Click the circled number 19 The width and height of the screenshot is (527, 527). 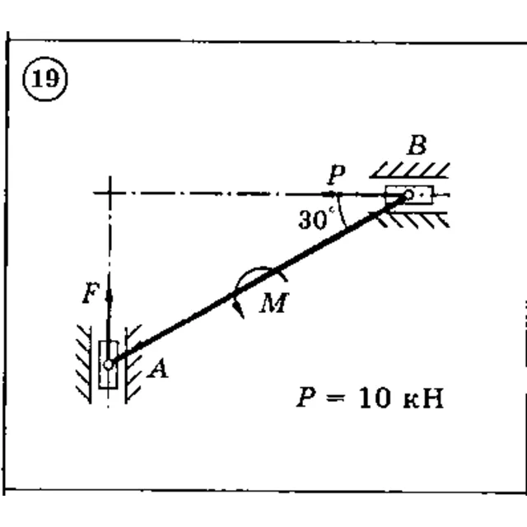[x=45, y=79]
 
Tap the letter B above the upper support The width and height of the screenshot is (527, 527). [x=417, y=145]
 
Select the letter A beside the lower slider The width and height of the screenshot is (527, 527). [x=158, y=368]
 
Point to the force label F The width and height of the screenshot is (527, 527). [x=91, y=293]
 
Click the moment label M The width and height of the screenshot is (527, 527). [x=274, y=302]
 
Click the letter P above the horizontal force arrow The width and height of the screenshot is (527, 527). [x=337, y=175]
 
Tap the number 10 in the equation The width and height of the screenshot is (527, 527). [x=375, y=398]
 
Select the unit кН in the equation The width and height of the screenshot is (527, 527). [x=423, y=399]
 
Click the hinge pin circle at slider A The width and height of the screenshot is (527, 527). [x=108, y=365]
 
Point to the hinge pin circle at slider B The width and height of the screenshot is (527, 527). [x=408, y=194]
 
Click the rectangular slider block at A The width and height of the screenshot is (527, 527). [x=108, y=365]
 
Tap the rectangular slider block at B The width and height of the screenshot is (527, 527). [x=409, y=195]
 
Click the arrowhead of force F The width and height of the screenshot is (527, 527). [x=109, y=297]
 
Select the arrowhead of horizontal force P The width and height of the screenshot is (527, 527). [x=329, y=194]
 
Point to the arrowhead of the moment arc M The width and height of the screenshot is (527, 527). [x=240, y=310]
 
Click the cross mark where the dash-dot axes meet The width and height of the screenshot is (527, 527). [x=110, y=194]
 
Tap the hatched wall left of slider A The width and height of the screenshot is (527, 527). [x=84, y=364]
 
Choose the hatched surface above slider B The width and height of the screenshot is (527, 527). [x=410, y=170]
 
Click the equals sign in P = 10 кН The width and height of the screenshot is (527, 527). [x=335, y=398]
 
